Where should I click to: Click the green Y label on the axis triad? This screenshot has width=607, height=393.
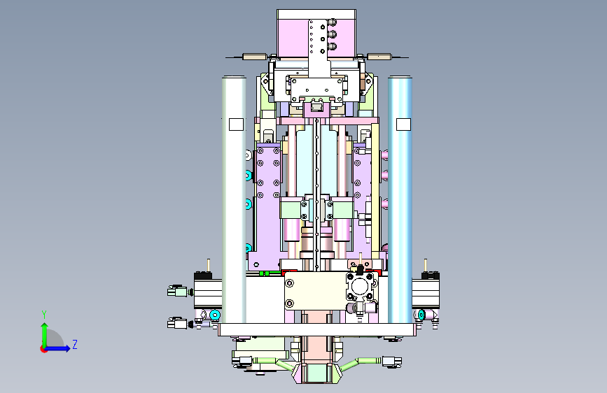(44, 315)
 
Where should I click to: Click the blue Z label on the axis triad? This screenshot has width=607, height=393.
(75, 344)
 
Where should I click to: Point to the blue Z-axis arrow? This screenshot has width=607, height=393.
(58, 348)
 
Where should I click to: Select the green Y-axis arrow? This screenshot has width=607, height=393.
(45, 335)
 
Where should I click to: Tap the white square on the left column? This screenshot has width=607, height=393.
(236, 124)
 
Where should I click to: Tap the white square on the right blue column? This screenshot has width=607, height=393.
(403, 124)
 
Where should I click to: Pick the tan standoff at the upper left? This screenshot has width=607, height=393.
(254, 57)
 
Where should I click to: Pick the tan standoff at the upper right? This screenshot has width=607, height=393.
(379, 57)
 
